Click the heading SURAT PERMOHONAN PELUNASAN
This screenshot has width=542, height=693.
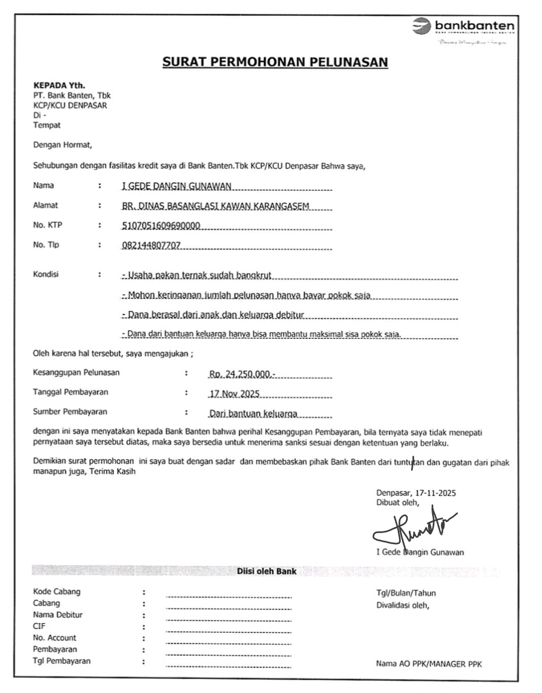[x=274, y=62]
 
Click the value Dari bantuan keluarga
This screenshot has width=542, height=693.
[x=253, y=414]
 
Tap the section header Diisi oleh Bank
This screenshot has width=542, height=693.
[x=266, y=571]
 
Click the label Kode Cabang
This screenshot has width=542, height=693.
[x=56, y=592]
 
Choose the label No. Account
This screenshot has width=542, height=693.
[x=55, y=638]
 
